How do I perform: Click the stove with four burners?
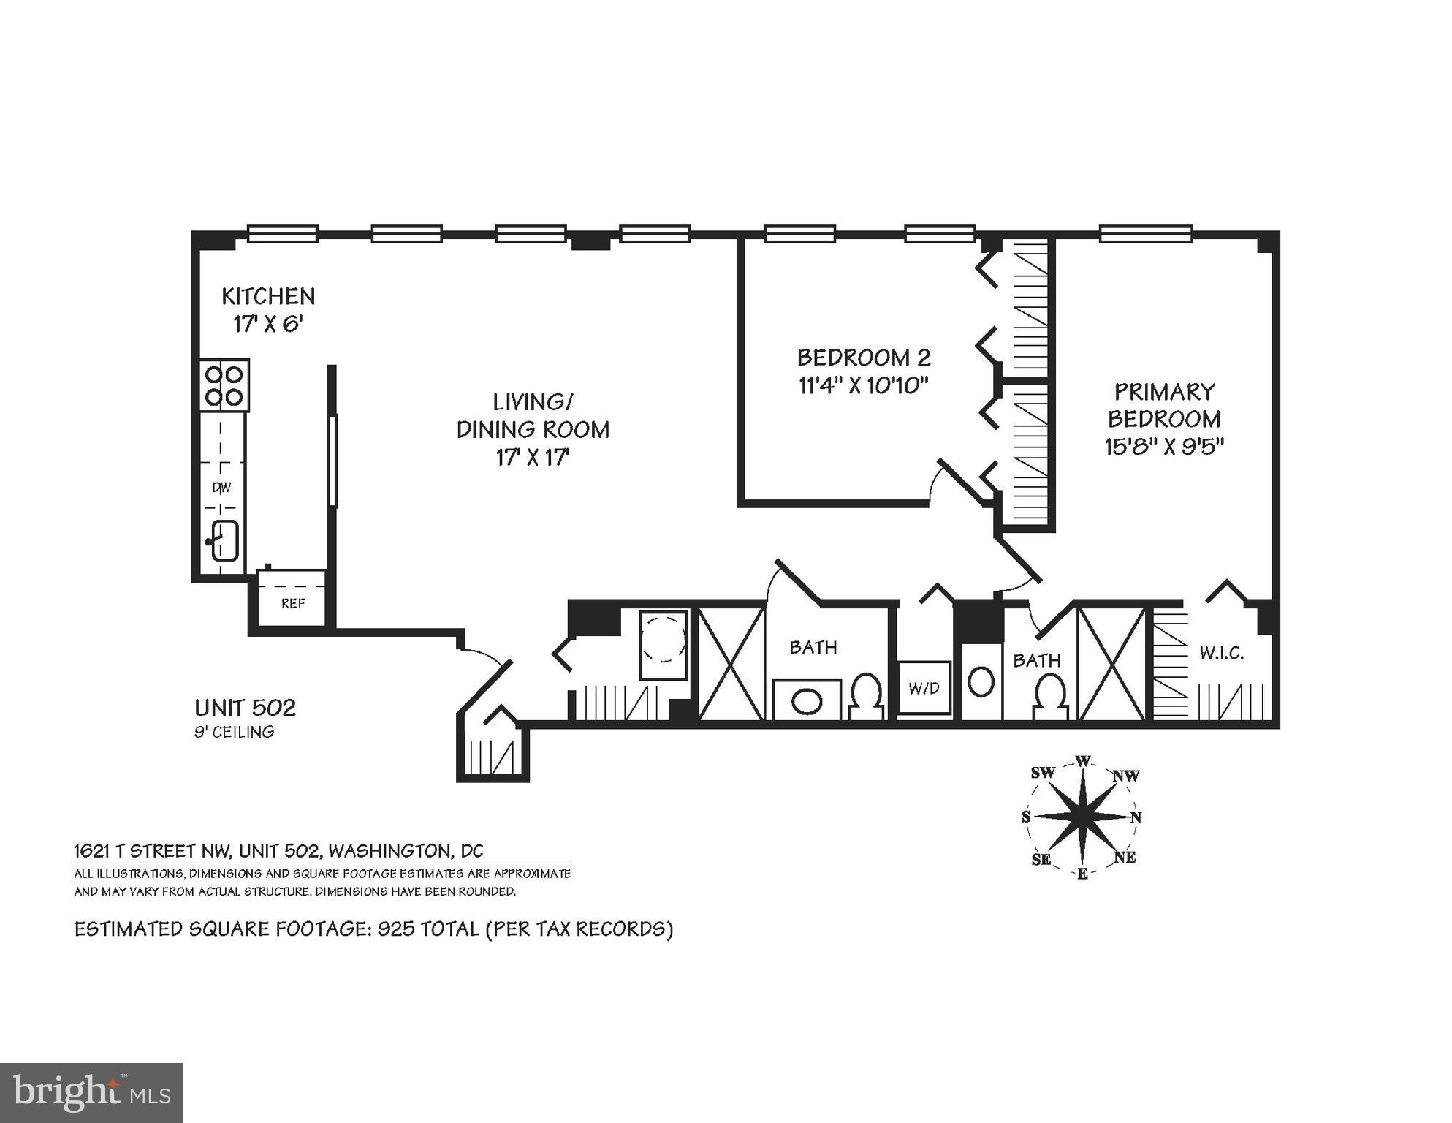point(224,385)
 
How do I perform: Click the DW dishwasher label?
point(221,487)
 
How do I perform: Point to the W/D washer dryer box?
point(924,688)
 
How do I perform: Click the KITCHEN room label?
point(268,296)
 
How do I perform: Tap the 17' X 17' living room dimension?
point(532,458)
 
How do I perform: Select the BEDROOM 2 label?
point(864,358)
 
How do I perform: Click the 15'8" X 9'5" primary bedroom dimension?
point(1163,446)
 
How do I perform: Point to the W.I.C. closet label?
point(1221,653)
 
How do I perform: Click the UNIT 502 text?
point(245,708)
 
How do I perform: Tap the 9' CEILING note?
point(234,732)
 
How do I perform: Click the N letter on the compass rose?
point(1136,817)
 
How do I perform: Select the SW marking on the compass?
point(1043,773)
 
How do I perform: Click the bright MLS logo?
point(91,1092)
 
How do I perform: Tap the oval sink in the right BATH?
point(980,681)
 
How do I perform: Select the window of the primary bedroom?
point(1145,234)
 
